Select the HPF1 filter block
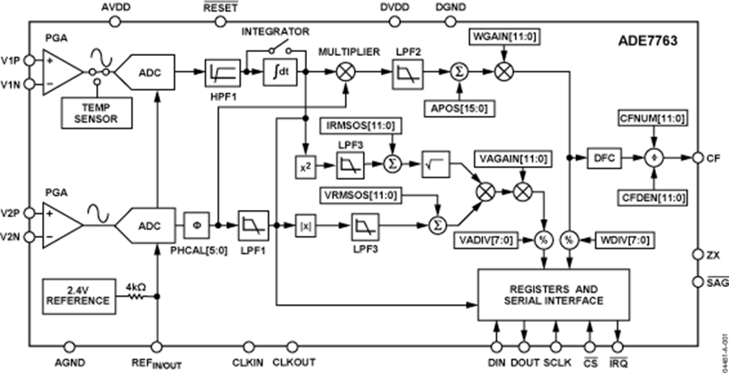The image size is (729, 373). pyautogui.click(x=219, y=73)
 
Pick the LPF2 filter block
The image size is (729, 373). pyautogui.click(x=403, y=73)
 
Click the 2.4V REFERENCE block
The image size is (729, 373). pyautogui.click(x=79, y=295)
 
